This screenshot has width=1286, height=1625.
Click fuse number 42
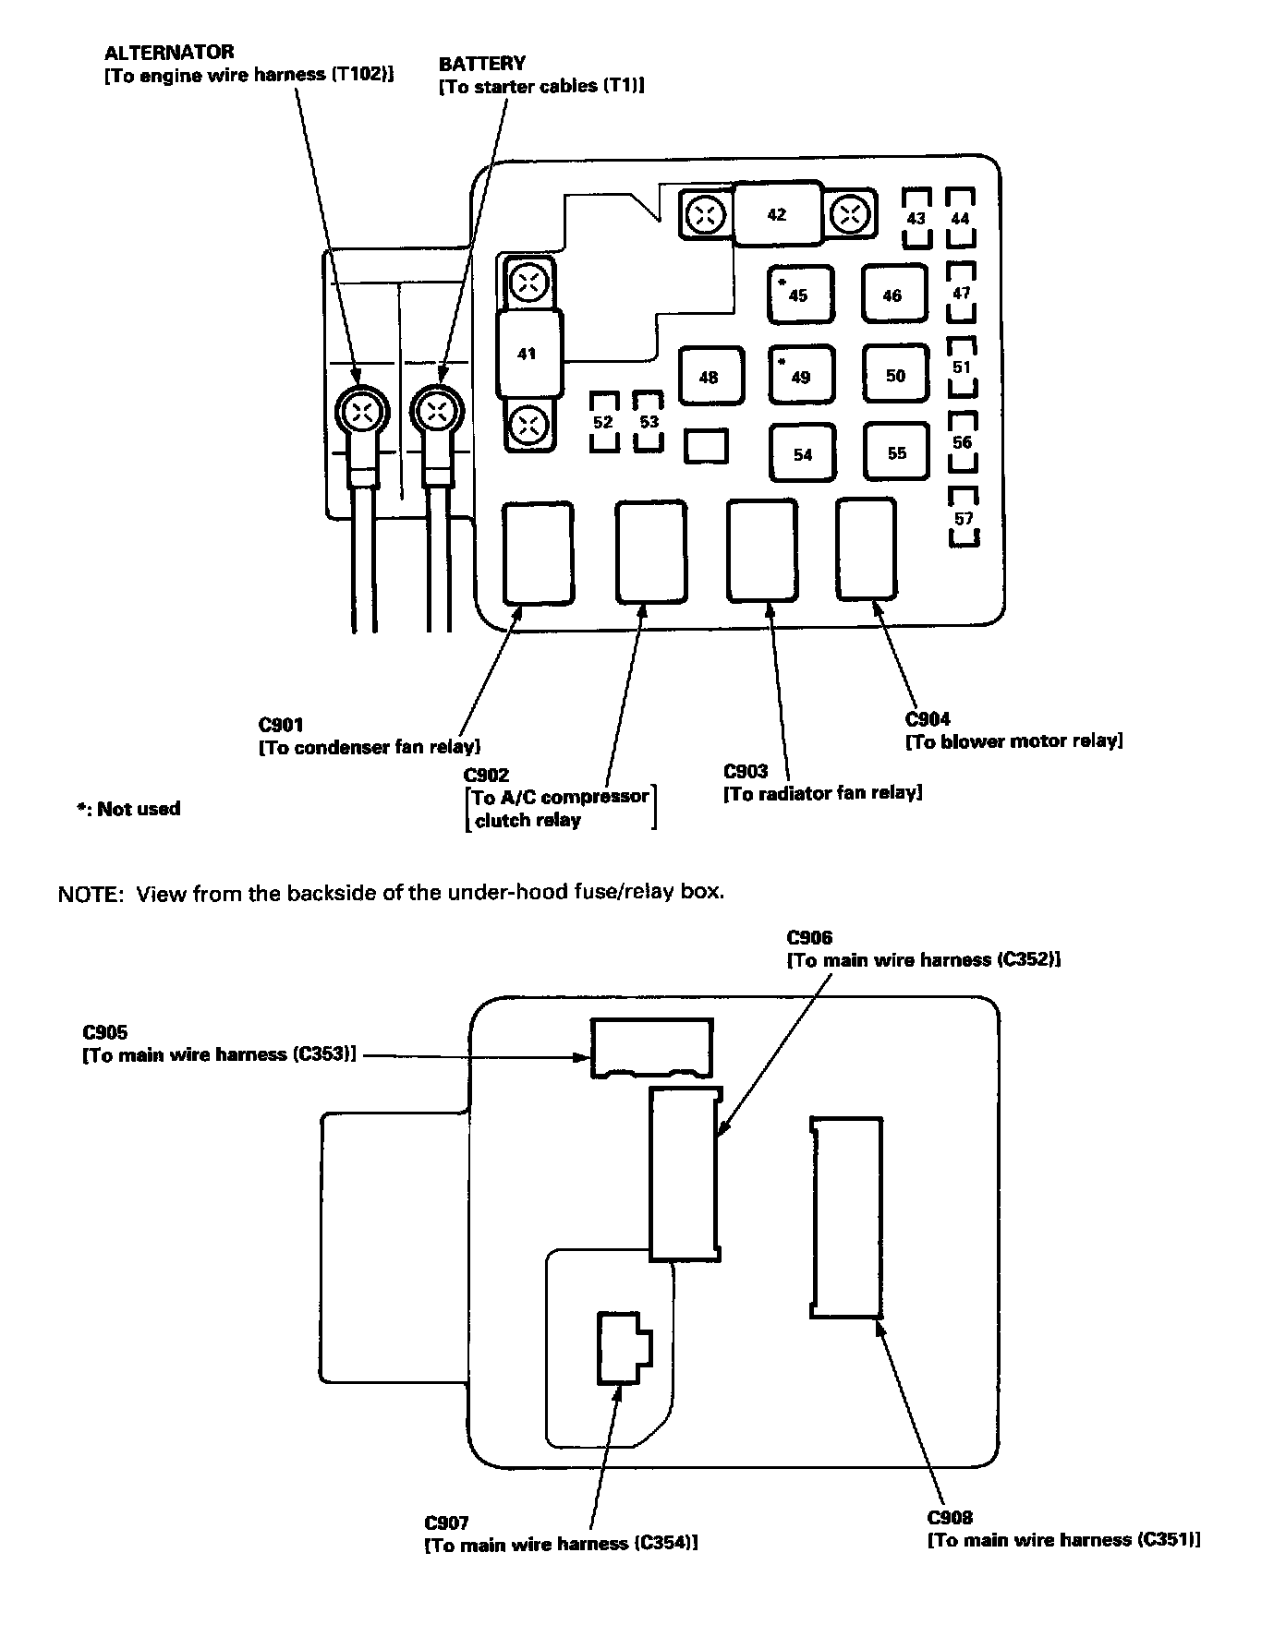click(777, 214)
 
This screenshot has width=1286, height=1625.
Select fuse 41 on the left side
click(528, 354)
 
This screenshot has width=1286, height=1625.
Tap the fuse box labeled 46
click(892, 295)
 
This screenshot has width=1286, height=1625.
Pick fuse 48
click(710, 377)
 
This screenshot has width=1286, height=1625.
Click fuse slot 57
click(964, 518)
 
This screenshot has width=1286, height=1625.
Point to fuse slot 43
click(916, 219)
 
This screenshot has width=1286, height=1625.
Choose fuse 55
click(896, 452)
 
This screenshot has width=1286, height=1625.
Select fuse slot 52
click(603, 421)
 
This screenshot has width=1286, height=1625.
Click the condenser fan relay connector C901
click(537, 552)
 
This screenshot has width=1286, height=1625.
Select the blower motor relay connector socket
click(866, 548)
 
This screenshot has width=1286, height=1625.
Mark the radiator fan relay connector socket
click(761, 550)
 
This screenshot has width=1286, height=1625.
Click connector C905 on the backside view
click(651, 1047)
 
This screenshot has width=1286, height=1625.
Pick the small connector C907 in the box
click(623, 1347)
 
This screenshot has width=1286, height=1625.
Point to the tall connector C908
click(846, 1217)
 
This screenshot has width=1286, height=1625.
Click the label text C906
click(809, 938)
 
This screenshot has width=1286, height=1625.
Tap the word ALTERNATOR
click(169, 52)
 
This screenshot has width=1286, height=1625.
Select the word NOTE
click(90, 894)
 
